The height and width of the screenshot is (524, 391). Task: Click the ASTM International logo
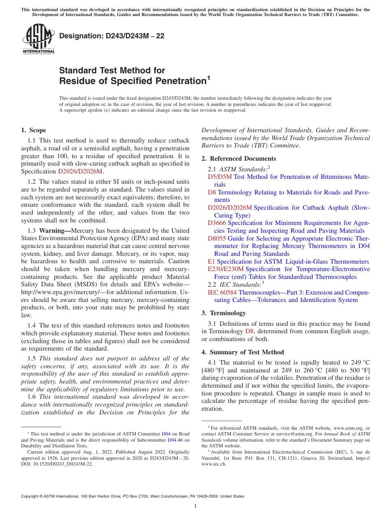(x=38, y=40)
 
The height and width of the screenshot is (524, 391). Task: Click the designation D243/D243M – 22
(x=112, y=36)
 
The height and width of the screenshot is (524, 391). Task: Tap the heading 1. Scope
(x=33, y=130)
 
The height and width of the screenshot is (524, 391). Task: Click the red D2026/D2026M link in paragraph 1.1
(x=80, y=171)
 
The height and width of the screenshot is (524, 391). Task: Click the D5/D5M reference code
(x=220, y=177)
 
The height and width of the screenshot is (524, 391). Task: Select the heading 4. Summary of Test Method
(x=243, y=352)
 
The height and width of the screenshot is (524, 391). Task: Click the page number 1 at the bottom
(x=195, y=506)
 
